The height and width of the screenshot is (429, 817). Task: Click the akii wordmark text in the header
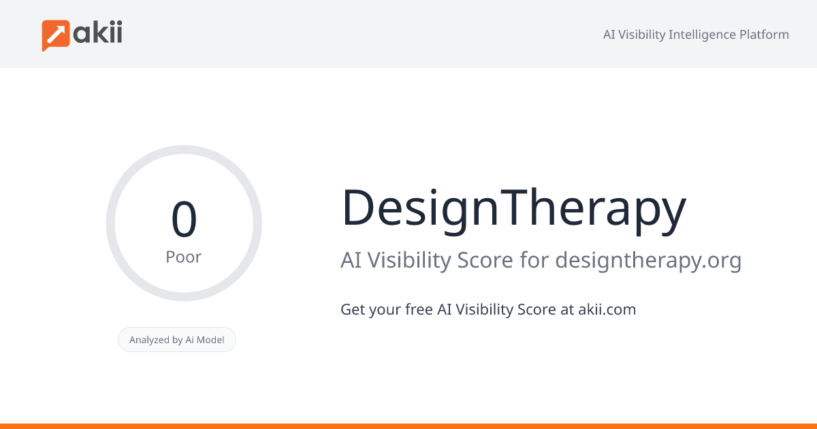[98, 33]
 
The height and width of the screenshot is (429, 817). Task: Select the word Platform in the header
[764, 35]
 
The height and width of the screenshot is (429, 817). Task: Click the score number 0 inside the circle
[184, 219]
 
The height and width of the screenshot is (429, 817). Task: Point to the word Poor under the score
[184, 257]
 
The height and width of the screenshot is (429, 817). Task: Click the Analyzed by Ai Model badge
[177, 340]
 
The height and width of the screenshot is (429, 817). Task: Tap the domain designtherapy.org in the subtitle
[647, 260]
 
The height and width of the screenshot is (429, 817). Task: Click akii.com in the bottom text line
[607, 309]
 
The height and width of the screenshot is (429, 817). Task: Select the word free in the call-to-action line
[418, 309]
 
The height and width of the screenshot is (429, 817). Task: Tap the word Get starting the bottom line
[353, 309]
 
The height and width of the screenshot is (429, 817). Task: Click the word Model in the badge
[210, 340]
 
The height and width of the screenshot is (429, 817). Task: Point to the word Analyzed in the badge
[150, 340]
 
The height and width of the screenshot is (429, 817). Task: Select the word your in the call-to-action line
[385, 310]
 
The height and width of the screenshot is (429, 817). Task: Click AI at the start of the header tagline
[609, 35]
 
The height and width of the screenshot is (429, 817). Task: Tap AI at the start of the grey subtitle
[351, 260]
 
